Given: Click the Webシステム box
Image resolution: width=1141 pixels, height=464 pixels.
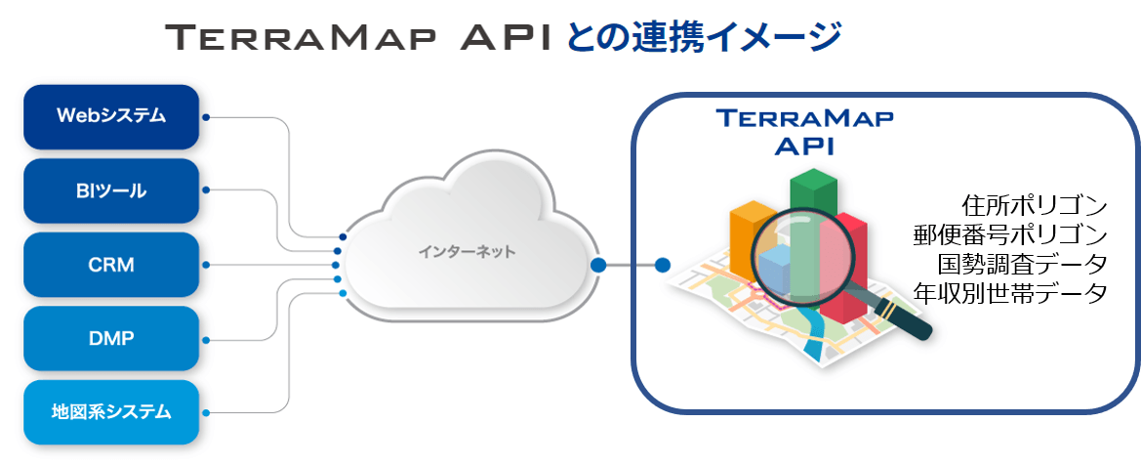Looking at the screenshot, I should pyautogui.click(x=110, y=116).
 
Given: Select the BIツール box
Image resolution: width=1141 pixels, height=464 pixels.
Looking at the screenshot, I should pyautogui.click(x=110, y=190).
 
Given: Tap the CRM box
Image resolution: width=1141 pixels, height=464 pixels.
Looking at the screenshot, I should pyautogui.click(x=110, y=264).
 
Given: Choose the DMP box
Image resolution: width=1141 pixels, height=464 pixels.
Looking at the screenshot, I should pyautogui.click(x=110, y=338).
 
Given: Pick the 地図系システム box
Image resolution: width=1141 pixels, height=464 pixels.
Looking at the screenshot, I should pyautogui.click(x=110, y=411).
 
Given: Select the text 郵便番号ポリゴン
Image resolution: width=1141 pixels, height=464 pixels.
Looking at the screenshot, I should pyautogui.click(x=1009, y=235).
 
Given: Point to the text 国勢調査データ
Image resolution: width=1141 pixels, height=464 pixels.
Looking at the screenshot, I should pyautogui.click(x=1022, y=264).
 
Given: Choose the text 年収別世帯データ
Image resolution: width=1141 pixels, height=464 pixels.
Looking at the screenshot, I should pyautogui.click(x=1009, y=292).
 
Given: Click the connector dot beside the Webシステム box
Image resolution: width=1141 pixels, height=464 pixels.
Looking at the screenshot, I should pyautogui.click(x=205, y=117).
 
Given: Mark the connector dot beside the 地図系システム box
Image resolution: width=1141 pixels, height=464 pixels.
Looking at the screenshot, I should pyautogui.click(x=205, y=411).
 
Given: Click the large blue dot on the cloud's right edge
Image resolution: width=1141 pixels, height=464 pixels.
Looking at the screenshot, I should pyautogui.click(x=597, y=264).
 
